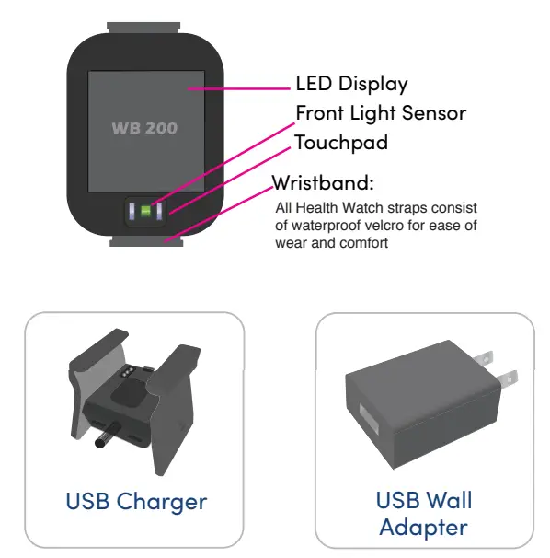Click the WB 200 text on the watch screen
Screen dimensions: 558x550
144,127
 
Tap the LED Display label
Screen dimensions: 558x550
351,84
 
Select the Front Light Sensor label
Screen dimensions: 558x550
380,113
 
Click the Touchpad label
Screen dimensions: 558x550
340,143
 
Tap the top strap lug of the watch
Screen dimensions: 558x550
147,27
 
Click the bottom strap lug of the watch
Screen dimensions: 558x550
147,241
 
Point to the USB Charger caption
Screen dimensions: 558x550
136,502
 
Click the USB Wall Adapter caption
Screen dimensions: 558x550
424,514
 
